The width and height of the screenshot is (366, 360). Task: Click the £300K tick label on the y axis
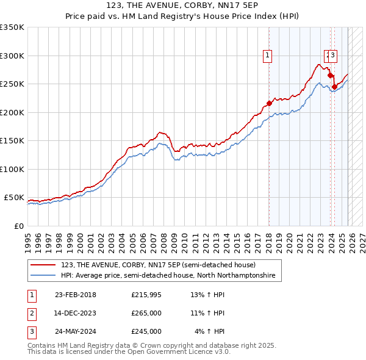(12, 56)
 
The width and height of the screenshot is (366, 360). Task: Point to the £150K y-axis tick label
(12, 140)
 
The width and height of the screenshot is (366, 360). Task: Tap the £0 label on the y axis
(19, 226)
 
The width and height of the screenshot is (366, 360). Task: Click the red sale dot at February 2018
(269, 103)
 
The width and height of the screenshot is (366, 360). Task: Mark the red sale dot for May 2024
(334, 87)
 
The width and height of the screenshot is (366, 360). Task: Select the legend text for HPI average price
(168, 276)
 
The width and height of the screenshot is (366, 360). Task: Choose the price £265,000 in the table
(146, 313)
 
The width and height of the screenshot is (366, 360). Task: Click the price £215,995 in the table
(146, 295)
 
